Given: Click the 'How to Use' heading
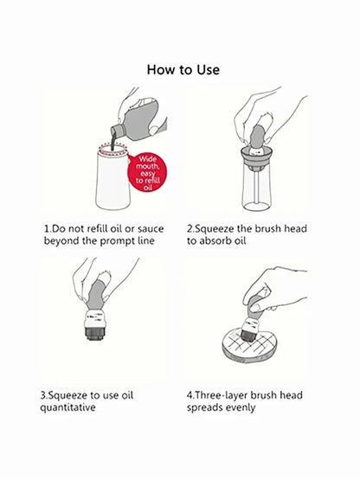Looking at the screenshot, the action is (183, 70).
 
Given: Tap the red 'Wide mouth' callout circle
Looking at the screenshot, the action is (147, 173).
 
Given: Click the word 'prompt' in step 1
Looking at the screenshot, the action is (118, 241).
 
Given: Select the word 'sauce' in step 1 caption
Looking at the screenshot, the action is (151, 229).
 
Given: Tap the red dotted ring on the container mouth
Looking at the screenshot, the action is (112, 149).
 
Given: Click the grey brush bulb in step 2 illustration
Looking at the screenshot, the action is (258, 136).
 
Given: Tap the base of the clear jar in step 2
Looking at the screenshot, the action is (256, 208).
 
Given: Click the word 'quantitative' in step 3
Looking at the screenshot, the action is (67, 407).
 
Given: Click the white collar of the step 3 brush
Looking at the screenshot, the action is (95, 319).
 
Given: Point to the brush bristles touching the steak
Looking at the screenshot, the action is (248, 335).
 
